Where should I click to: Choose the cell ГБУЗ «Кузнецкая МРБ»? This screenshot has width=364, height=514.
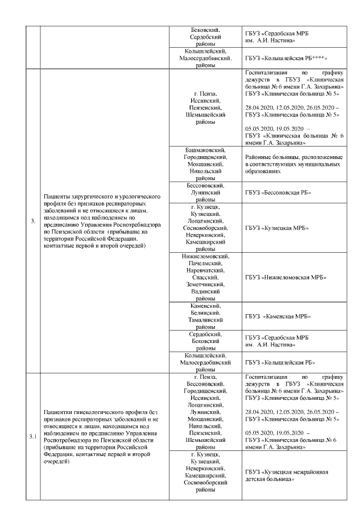[x=276, y=228]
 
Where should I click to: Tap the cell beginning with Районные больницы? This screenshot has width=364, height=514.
[x=293, y=163]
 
